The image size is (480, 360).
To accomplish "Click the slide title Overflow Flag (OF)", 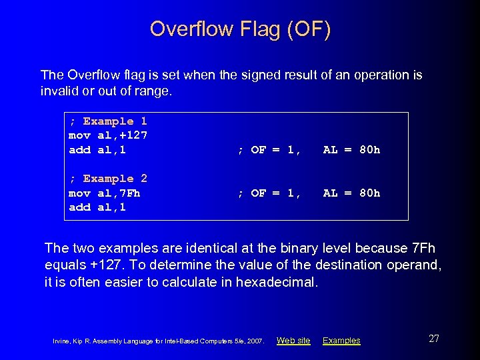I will point(240,29).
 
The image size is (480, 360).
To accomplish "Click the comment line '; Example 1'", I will point(108,121).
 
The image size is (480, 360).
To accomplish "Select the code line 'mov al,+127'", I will point(108,135).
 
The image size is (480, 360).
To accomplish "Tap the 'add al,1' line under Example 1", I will point(97,150).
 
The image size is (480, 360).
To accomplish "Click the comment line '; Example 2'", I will point(108,179).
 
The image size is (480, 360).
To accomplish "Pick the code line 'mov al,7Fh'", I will point(104,193).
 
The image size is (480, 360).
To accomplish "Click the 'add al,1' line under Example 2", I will point(97,207).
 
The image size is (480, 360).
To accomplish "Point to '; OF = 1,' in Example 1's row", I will point(269,150).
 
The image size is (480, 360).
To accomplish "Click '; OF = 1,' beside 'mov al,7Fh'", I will point(269,193).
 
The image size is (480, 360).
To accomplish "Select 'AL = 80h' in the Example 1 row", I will point(351,150).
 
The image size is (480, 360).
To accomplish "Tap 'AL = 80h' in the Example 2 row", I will point(351,193).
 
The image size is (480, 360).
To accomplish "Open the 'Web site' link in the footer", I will point(293,341).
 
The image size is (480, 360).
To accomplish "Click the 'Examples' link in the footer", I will point(341,341).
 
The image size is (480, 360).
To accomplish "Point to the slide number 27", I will point(434,339).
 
